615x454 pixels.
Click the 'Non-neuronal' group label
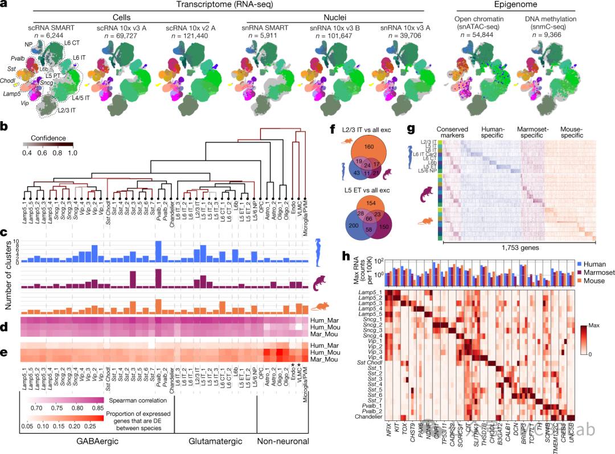coord(281,441)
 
